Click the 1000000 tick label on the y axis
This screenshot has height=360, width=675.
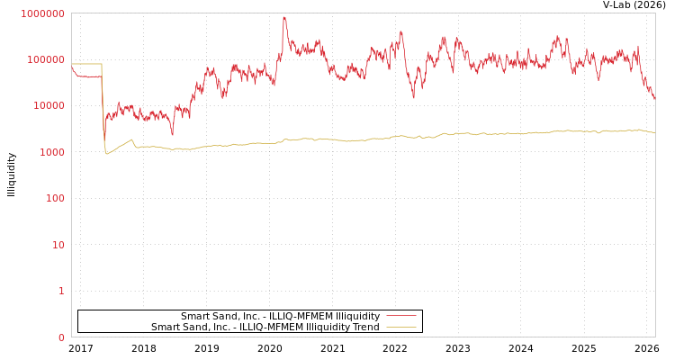pos(42,13)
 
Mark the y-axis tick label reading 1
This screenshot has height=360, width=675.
pos(61,291)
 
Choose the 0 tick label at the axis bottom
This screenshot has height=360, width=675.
pos(61,337)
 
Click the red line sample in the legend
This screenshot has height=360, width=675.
pos(400,316)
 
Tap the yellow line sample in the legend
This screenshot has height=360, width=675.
pos(400,327)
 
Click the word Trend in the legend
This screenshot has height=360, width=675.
pos(365,327)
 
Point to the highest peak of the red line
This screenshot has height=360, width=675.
pos(283,17)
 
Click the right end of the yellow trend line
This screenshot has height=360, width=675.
pos(654,133)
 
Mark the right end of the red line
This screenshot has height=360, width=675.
pos(654,99)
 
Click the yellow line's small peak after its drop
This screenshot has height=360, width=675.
pos(131,139)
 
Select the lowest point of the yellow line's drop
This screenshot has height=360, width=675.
pos(106,154)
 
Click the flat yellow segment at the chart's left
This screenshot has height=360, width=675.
pos(87,64)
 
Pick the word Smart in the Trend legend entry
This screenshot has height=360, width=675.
pos(166,327)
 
